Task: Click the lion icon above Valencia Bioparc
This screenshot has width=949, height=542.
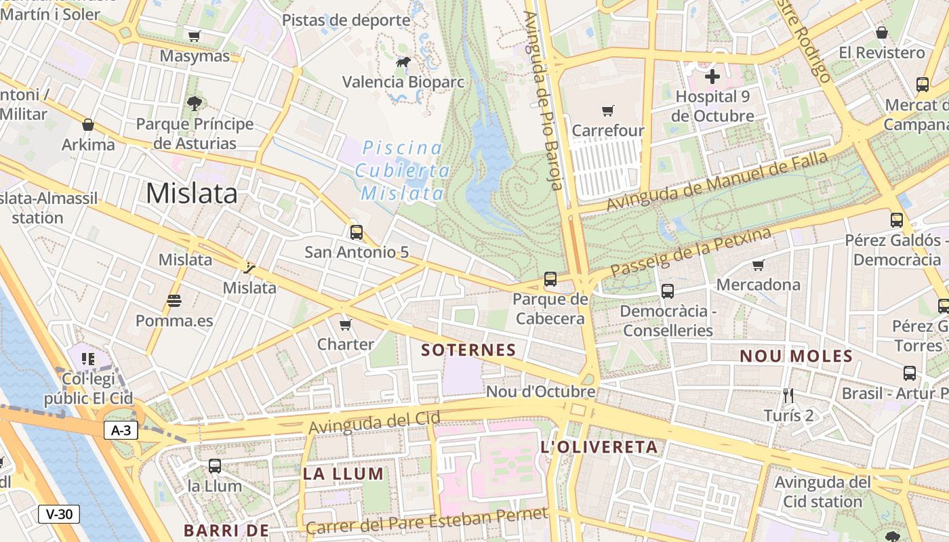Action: tap(403, 63)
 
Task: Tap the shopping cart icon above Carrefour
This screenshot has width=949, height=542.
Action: tap(608, 110)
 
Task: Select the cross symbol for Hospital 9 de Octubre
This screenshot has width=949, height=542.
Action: tap(712, 77)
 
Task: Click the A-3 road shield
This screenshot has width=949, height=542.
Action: tap(121, 430)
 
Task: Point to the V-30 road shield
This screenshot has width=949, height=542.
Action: tap(59, 514)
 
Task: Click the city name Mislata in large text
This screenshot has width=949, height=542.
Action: tap(192, 194)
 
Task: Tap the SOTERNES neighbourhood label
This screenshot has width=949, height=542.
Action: tap(468, 350)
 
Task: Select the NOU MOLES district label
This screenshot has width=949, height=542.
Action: tap(796, 356)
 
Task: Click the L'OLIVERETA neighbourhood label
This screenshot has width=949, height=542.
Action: tap(599, 447)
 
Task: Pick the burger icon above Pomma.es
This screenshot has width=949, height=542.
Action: tap(174, 300)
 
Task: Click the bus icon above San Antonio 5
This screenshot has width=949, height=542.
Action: tap(357, 232)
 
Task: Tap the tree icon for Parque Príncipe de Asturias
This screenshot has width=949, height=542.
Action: tap(195, 104)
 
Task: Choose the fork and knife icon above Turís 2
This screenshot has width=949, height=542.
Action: tap(788, 395)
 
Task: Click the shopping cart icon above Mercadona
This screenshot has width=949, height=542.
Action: tap(758, 265)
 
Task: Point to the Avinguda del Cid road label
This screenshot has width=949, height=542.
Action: tap(374, 423)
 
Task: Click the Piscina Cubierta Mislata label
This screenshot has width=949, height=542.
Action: tap(402, 171)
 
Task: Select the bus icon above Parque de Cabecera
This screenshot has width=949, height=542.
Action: tap(550, 279)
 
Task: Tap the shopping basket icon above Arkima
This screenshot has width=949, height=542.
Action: tap(88, 125)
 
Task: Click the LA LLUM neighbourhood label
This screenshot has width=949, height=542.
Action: tap(343, 474)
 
